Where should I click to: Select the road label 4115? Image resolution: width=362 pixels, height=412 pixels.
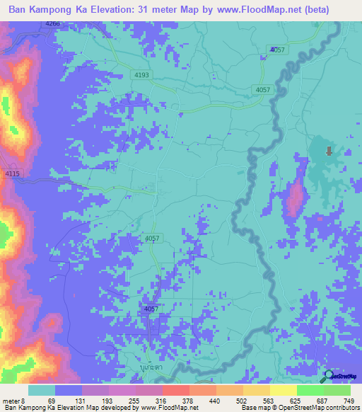point(13,174)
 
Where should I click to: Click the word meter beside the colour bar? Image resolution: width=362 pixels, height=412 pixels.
point(11,401)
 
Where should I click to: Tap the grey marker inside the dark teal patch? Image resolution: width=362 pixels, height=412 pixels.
point(328,151)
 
